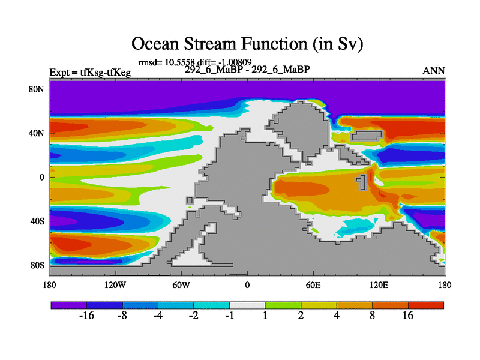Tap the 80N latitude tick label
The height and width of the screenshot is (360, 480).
tap(40, 89)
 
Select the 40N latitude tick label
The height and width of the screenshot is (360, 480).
tap(40, 133)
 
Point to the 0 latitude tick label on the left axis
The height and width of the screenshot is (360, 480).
tap(43, 177)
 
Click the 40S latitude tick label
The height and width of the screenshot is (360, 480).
tap(40, 221)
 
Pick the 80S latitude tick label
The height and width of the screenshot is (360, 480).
tap(40, 265)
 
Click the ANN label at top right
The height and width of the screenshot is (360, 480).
tap(434, 71)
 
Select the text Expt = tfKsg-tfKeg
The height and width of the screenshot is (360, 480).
tap(90, 73)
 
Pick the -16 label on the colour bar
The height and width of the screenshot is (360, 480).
tap(87, 316)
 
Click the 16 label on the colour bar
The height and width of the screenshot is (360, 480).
tap(408, 316)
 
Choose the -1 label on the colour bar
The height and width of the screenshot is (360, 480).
tap(230, 316)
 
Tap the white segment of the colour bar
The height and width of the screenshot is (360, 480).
tap(247, 305)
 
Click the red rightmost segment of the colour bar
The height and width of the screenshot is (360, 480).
tap(426, 305)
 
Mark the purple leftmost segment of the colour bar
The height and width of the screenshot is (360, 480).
tap(68, 305)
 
